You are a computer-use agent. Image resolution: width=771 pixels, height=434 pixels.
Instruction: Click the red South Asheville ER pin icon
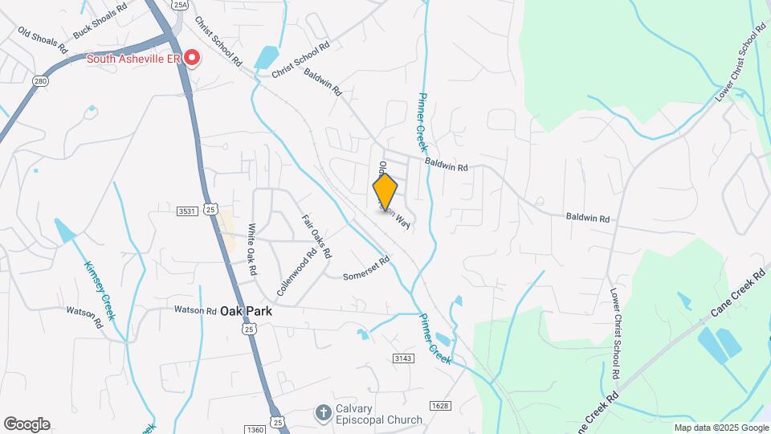(x=193, y=57)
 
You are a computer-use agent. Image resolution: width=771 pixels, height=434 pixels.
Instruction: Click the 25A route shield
(x=179, y=4)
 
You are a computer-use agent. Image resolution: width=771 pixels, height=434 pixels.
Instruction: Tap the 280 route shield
(x=41, y=81)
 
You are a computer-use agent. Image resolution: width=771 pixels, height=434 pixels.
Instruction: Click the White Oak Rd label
(x=251, y=250)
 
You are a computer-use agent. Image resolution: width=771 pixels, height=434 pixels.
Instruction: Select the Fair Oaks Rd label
(x=316, y=235)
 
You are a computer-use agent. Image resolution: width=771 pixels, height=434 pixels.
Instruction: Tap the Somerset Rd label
(x=366, y=268)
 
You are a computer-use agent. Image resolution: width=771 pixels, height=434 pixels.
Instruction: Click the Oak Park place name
(x=247, y=311)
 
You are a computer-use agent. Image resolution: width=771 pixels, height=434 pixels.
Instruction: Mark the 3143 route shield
(x=403, y=357)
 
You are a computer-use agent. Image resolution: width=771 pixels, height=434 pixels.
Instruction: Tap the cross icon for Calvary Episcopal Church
(x=322, y=413)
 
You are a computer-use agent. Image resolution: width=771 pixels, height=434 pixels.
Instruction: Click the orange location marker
(x=385, y=191)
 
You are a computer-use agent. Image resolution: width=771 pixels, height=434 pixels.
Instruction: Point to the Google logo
(x=27, y=424)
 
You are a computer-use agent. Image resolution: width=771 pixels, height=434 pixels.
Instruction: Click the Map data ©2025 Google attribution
(x=720, y=428)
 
